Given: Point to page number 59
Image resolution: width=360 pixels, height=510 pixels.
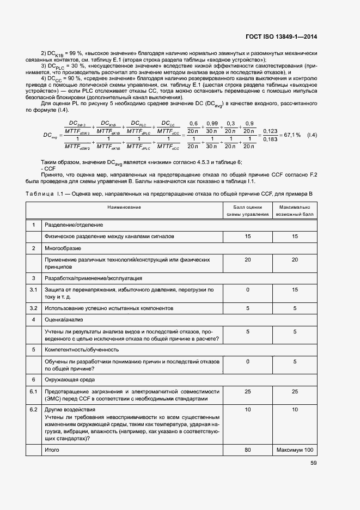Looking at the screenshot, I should click(314, 463).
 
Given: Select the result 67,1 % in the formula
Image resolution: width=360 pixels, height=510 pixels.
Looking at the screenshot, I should click(291, 135).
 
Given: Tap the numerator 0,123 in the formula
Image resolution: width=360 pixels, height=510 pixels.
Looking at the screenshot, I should click(271, 131).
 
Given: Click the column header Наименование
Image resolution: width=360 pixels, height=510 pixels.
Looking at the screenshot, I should click(125, 208).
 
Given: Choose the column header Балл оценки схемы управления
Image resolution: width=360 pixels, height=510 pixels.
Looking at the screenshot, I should click(248, 211).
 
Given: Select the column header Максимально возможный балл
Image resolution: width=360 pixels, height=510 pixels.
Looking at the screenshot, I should click(295, 211).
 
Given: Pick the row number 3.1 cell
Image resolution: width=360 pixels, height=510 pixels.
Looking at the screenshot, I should click(34, 289).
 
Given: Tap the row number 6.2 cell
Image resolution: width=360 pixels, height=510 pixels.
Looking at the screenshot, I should click(34, 409).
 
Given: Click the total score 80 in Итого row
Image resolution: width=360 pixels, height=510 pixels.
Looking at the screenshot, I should click(248, 450).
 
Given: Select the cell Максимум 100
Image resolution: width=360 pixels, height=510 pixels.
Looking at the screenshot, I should click(295, 450).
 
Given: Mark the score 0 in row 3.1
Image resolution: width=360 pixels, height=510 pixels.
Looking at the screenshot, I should click(248, 289).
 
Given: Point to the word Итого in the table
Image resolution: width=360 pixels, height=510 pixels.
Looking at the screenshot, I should click(52, 450).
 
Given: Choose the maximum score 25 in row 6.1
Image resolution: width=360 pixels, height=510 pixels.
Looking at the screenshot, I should click(295, 391).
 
